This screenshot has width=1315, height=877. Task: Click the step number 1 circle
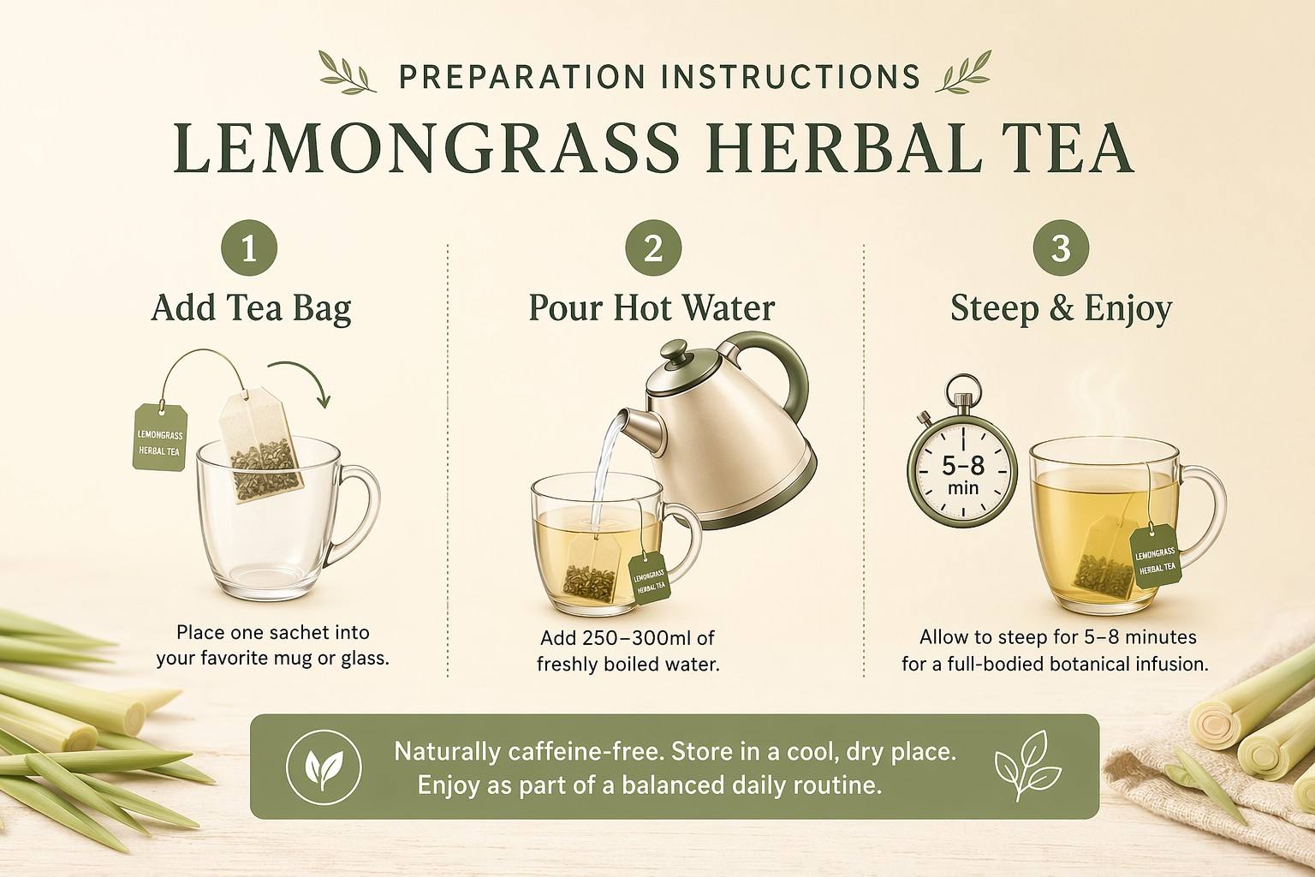point(249,248)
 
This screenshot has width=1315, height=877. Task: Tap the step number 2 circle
point(653,248)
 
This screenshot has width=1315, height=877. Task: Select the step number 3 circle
point(1061,248)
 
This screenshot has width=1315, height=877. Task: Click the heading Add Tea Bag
point(251,307)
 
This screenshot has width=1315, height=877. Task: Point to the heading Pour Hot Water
point(652,307)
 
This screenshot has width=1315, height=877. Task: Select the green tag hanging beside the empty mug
point(160,437)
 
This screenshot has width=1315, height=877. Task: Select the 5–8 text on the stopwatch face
point(963,466)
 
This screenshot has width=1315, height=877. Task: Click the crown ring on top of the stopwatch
point(963,389)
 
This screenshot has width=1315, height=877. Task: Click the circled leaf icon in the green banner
point(324,767)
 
